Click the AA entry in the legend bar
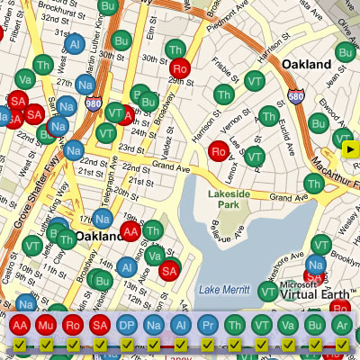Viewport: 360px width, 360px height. (19, 325)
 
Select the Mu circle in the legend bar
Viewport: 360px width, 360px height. (46, 325)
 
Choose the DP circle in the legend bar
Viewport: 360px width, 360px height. (127, 325)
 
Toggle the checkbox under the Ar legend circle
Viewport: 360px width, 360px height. (341, 345)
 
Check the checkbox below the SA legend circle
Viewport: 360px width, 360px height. (100, 345)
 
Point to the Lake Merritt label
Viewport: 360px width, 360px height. (221, 288)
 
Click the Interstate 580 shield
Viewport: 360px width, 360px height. (296, 95)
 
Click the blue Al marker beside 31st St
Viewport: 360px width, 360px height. (75, 44)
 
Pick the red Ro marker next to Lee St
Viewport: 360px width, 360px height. (217, 151)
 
